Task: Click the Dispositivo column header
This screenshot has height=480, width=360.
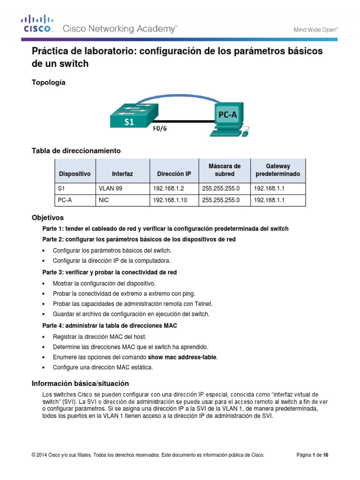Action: pos(75,174)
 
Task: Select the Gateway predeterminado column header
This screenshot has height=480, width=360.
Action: pos(278,170)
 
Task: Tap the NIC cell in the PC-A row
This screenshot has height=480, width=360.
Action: pos(104,200)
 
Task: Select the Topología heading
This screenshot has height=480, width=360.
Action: pos(48,82)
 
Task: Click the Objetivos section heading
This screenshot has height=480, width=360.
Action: pos(47,218)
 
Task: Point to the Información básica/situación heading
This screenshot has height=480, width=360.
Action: pos(80,383)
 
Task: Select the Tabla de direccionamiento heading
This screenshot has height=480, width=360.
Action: pos(76,150)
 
